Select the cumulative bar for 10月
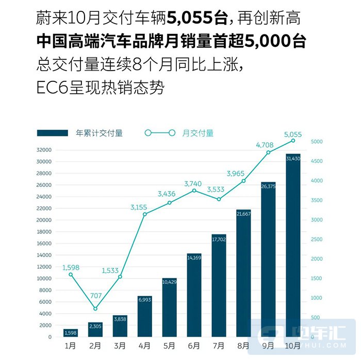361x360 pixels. pyautogui.click(x=293, y=247)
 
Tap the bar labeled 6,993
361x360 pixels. pyautogui.click(x=144, y=317)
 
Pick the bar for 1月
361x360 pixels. pyautogui.click(x=70, y=333)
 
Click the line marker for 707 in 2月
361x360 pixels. pyautogui.click(x=95, y=308)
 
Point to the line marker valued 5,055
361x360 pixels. pyautogui.click(x=293, y=140)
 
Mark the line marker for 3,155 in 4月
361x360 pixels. pyautogui.click(x=145, y=214)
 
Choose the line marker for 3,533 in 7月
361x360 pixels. pyautogui.click(x=219, y=199)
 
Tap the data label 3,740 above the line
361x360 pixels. pyautogui.click(x=194, y=183)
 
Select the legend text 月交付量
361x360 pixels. pyautogui.click(x=198, y=133)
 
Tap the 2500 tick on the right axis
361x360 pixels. pyautogui.click(x=317, y=239)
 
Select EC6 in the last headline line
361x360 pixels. pyautogui.click(x=50, y=88)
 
